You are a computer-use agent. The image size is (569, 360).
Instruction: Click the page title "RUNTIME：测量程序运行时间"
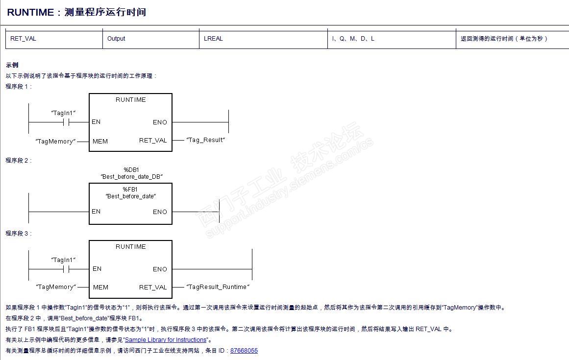click(76, 12)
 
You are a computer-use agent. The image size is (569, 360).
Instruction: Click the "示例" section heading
click(12, 65)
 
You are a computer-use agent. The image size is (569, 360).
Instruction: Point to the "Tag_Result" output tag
click(205, 140)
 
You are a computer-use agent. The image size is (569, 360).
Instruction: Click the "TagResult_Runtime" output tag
click(218, 287)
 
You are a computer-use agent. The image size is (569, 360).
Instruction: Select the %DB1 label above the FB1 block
click(131, 169)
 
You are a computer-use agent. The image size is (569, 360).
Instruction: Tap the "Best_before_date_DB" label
click(131, 176)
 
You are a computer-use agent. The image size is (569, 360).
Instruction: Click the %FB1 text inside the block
click(130, 189)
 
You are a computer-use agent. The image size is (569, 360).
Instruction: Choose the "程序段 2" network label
click(18, 160)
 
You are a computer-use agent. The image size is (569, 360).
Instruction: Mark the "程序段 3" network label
click(18, 234)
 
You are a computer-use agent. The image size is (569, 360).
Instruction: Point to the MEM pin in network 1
click(100, 142)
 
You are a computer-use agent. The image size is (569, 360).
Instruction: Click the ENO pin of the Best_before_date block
click(160, 212)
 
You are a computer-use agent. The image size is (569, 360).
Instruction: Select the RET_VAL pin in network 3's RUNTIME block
click(153, 288)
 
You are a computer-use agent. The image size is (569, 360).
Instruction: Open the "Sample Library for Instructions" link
click(166, 340)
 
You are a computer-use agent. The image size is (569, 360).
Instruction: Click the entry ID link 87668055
click(244, 351)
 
